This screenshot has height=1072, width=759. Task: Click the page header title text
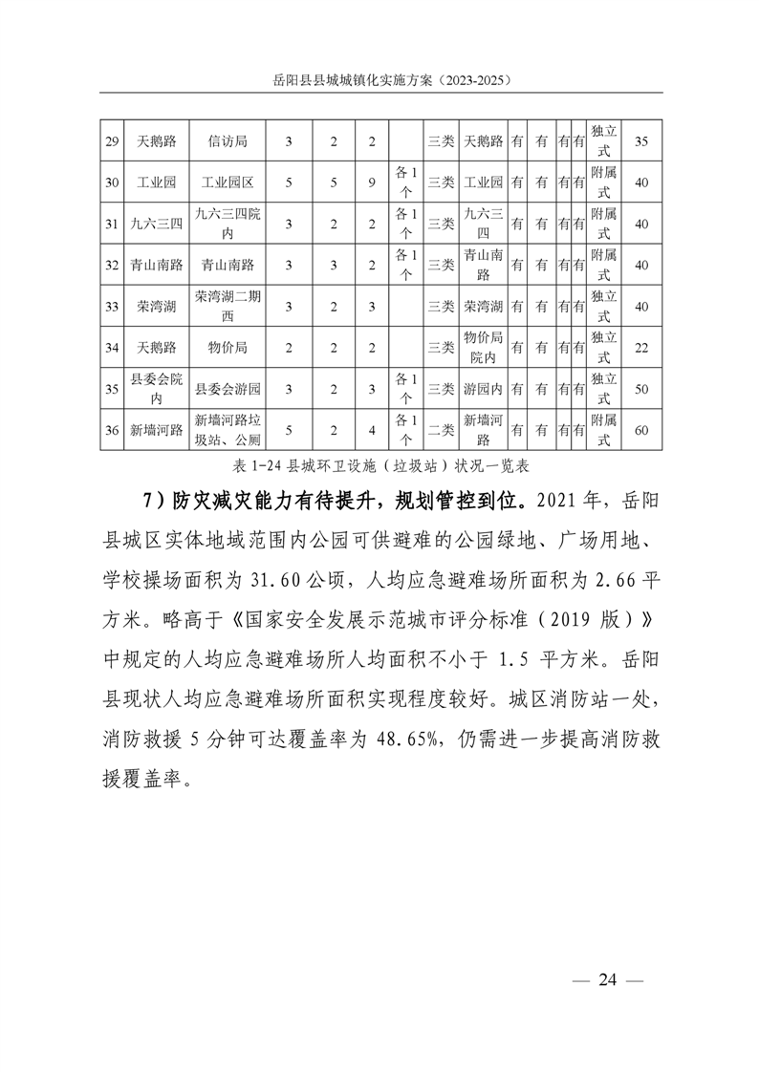(x=379, y=82)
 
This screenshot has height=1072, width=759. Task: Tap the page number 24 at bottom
(x=609, y=979)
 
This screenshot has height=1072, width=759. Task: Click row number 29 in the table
(x=112, y=141)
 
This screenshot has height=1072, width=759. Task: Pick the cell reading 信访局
(x=227, y=141)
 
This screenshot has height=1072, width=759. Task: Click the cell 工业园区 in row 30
(x=227, y=182)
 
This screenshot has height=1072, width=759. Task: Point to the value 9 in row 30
(x=372, y=182)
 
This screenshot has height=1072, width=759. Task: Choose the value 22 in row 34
(x=641, y=348)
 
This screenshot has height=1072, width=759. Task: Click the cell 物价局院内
(x=483, y=348)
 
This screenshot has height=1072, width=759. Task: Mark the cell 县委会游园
(x=227, y=389)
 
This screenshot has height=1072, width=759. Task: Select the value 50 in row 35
(x=641, y=389)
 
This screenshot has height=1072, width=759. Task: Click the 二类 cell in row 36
(x=441, y=430)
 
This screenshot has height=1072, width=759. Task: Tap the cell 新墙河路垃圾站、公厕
(x=227, y=430)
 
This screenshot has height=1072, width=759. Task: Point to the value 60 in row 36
(x=641, y=430)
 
